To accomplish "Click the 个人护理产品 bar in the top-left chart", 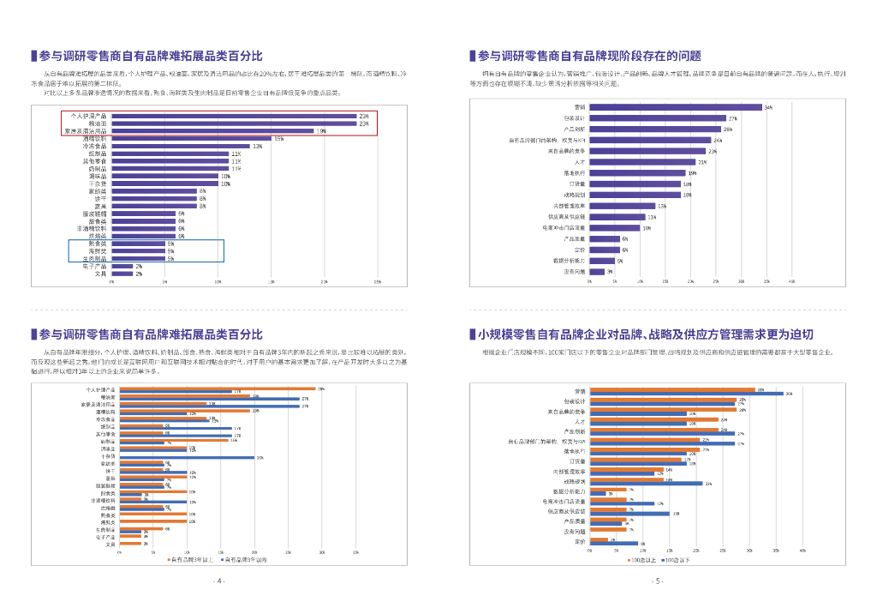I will click(x=234, y=116).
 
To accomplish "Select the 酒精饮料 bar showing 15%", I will click(x=191, y=138).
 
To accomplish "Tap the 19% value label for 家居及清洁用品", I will click(x=321, y=131).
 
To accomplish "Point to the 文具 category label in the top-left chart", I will click(x=100, y=274).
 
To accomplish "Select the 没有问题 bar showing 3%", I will click(x=597, y=272).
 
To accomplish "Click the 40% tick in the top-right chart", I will click(x=792, y=281).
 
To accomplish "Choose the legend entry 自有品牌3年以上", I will click(x=191, y=559).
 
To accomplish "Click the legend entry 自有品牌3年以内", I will click(x=246, y=559).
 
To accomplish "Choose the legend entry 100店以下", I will click(x=677, y=559).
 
